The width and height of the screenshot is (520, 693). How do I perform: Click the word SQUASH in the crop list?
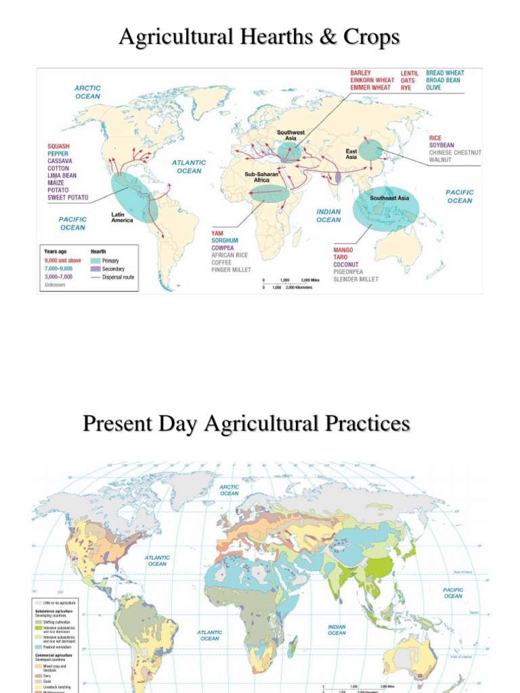58,146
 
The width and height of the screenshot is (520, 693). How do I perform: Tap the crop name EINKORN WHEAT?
371,80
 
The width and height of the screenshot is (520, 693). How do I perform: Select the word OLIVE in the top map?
433,87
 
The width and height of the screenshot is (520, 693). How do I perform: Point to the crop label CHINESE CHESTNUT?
455,152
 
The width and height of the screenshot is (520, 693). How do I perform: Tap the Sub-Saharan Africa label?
262,177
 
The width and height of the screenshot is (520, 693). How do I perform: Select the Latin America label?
123,217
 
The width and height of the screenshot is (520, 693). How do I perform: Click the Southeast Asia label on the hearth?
389,198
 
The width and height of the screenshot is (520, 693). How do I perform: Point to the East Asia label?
351,154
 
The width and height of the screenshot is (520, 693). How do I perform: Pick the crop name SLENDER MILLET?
355,279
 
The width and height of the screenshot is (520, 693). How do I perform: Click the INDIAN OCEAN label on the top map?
328,215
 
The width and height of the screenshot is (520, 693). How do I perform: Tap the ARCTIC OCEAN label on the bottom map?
230,490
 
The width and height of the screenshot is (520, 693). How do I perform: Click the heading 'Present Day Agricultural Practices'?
246,424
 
